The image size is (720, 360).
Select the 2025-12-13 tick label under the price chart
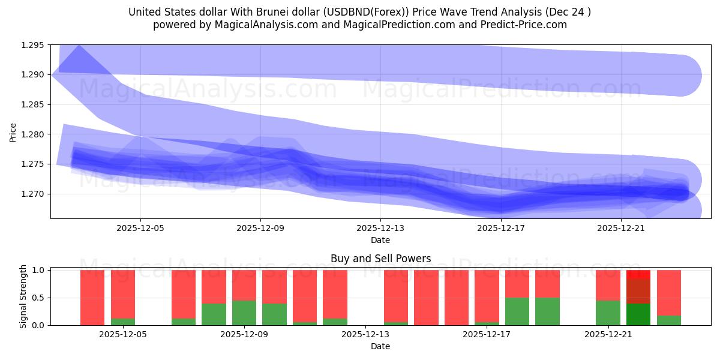[x=380, y=229]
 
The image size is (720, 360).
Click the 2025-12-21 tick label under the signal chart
[x=609, y=335]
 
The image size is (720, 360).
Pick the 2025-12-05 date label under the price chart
[x=140, y=229]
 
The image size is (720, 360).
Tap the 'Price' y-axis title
[x=13, y=131]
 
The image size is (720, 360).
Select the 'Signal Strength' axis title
[x=24, y=296]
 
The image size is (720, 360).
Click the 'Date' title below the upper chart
[x=380, y=240]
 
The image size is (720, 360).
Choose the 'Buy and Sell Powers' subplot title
[x=380, y=259]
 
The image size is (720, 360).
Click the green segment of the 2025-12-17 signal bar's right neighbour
[x=517, y=311]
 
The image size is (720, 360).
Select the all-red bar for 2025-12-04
[x=92, y=298]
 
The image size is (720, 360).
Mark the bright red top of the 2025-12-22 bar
[x=638, y=274]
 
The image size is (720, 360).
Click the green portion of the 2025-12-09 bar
[x=244, y=313]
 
